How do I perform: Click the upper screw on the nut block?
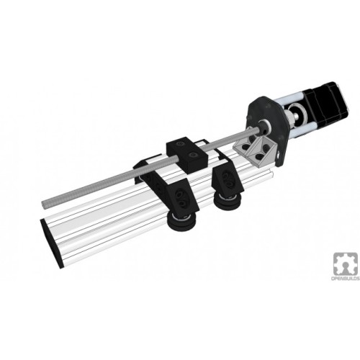tap(180, 144)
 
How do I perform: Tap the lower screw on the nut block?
tap(193, 156)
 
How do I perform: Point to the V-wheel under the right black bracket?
tap(227, 204)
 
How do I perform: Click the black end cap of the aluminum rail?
tap(52, 243)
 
